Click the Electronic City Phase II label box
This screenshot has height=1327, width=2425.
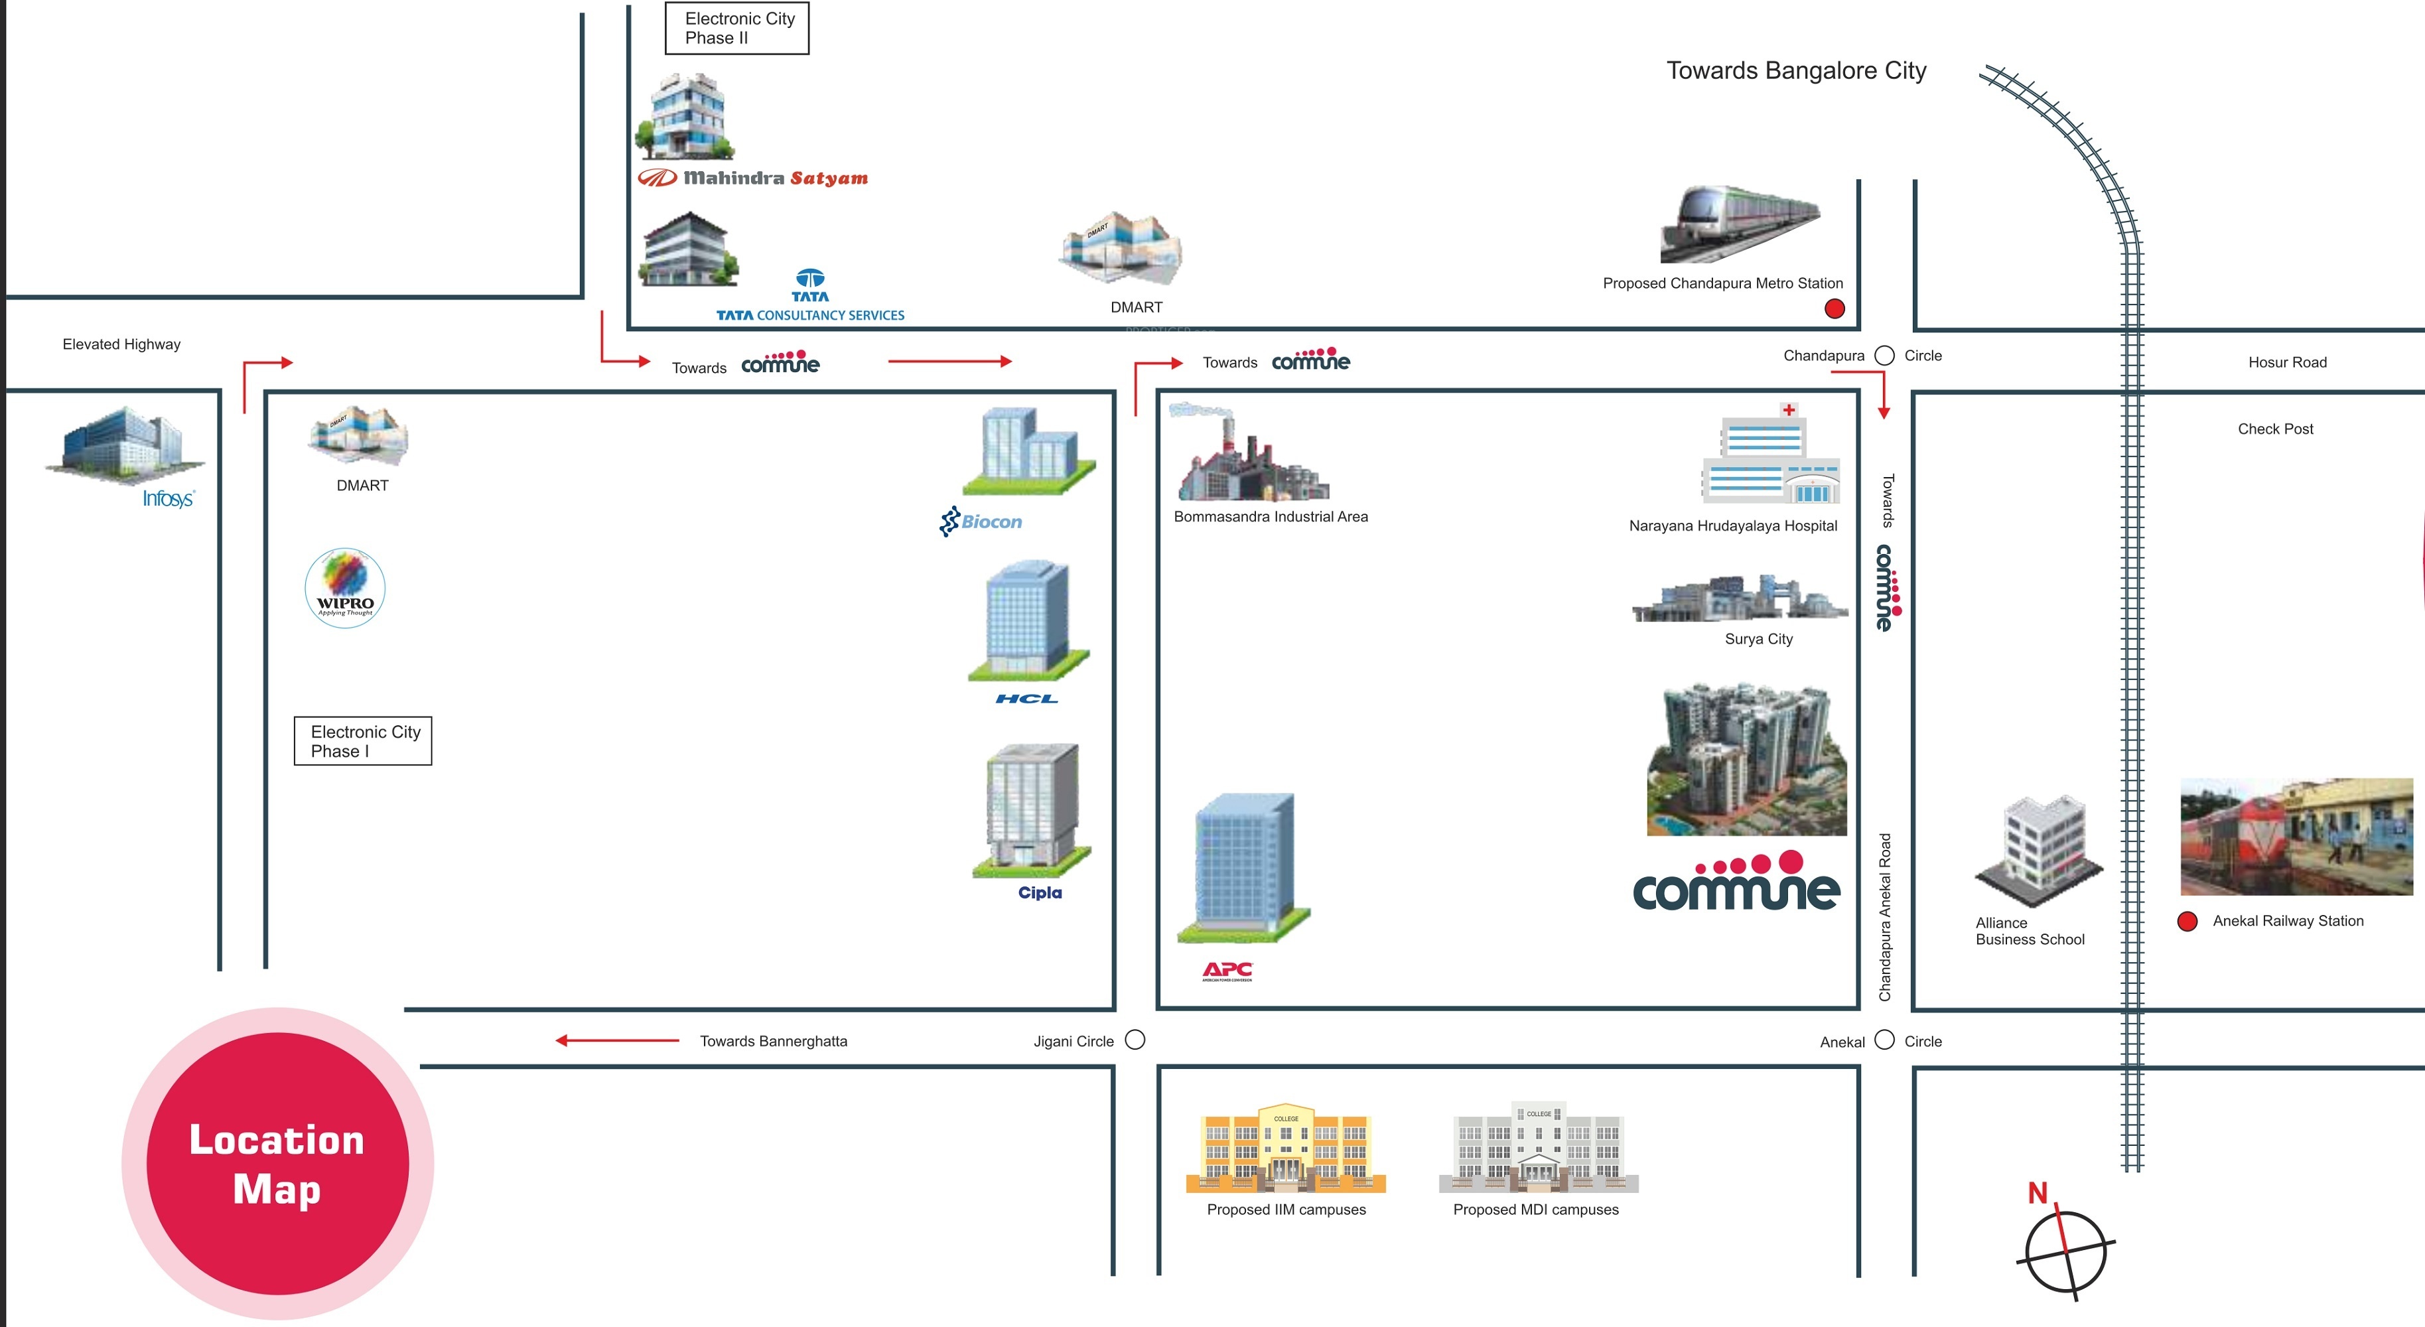coord(737,29)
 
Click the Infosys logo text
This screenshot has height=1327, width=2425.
coord(169,499)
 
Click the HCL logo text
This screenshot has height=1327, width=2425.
coord(1026,698)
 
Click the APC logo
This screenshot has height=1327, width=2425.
coord(1227,970)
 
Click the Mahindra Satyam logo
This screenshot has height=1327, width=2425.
coord(753,178)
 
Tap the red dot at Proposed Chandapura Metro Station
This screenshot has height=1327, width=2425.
coord(1835,309)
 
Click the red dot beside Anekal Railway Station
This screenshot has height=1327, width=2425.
coord(2187,922)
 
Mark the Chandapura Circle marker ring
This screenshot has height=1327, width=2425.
coord(1885,356)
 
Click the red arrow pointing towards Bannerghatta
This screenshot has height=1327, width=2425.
coord(616,1040)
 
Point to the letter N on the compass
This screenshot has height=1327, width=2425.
coord(2037,1194)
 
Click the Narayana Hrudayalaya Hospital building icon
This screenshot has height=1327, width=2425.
coord(1769,456)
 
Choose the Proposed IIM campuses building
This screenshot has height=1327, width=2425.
coord(1286,1149)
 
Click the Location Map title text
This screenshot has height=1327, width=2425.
coord(277,1164)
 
